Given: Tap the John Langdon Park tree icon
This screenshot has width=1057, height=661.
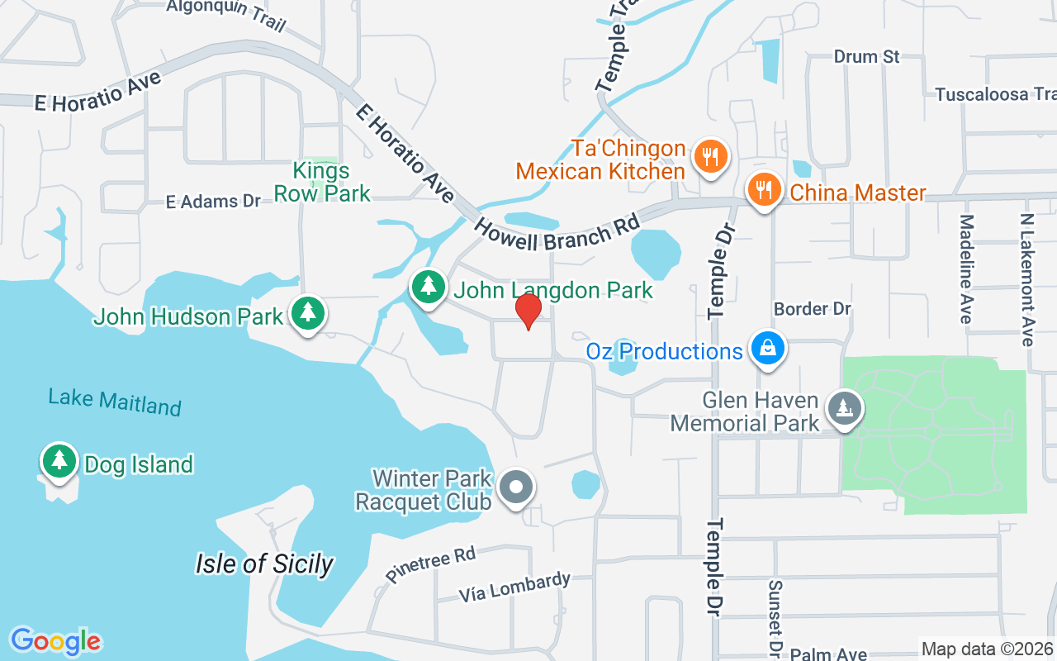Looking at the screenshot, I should (x=428, y=287).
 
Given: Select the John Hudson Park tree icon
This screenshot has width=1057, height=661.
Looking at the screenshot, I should (x=308, y=312).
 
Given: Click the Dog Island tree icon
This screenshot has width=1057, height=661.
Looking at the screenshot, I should (x=59, y=459).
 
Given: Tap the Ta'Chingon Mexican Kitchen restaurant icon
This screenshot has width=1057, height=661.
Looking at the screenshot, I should (x=709, y=155).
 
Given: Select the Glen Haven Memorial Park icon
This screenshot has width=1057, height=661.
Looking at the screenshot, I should (x=843, y=407).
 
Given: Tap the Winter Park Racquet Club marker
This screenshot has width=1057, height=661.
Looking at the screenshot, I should (x=517, y=487).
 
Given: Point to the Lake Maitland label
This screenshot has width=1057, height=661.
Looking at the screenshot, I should (x=115, y=402).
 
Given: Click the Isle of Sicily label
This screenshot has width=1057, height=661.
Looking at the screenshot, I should (x=264, y=564).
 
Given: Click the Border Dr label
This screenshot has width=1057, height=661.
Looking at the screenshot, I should (x=812, y=309).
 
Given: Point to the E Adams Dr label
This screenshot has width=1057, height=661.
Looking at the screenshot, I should (x=213, y=201).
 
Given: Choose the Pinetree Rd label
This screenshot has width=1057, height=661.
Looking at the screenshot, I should (x=430, y=565).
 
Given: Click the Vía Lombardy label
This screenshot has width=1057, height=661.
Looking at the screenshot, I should (x=514, y=586).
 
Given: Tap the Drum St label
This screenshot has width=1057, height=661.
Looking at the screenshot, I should (x=866, y=57).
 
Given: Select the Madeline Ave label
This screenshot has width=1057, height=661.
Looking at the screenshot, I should (x=967, y=269).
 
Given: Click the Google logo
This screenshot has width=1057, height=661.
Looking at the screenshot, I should (x=55, y=641).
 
